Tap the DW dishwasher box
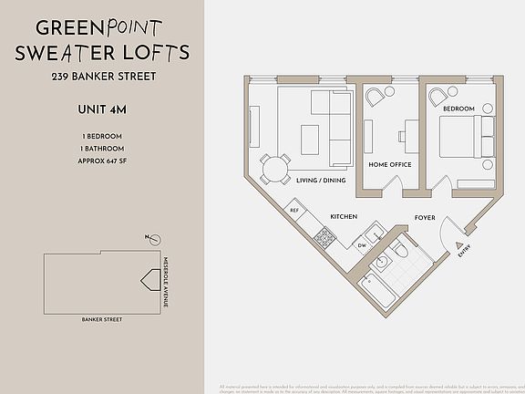(x=362, y=245)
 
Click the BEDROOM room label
(x=458, y=109)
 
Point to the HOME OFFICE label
(x=389, y=165)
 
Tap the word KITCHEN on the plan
(x=343, y=217)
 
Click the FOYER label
(x=425, y=218)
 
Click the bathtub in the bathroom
(x=375, y=290)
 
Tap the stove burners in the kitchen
(x=324, y=238)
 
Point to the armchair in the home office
(x=375, y=98)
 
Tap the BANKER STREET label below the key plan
(x=100, y=320)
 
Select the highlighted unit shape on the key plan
(x=145, y=281)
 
